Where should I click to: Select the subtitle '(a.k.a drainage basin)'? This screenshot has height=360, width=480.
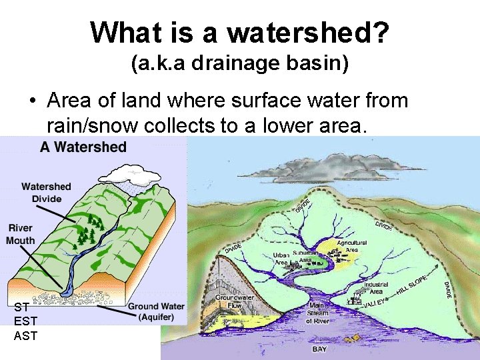point(239,64)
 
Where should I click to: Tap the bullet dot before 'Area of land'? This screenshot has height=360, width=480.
point(32,102)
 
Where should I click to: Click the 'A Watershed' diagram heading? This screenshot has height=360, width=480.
point(83,147)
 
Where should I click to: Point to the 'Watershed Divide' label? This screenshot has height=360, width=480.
point(46,193)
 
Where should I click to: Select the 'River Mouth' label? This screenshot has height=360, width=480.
point(21,234)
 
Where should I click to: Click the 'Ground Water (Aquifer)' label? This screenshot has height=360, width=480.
point(155,311)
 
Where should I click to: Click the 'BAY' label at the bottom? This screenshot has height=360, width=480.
point(319,349)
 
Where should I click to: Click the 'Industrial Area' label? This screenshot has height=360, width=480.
point(376,288)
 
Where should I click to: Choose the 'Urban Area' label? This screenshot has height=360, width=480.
point(280,259)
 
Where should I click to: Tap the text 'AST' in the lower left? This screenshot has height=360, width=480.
point(25,335)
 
